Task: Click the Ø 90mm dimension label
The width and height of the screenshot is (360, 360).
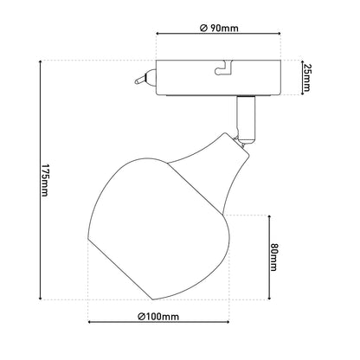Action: click(219, 29)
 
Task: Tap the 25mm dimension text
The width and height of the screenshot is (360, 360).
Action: click(306, 77)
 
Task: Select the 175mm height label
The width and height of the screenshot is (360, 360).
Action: click(44, 180)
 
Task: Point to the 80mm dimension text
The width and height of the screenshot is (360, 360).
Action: click(273, 257)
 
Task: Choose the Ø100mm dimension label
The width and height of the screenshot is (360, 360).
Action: click(158, 317)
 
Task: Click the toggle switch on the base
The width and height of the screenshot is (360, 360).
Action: click(145, 78)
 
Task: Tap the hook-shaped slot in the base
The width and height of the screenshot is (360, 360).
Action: click(223, 67)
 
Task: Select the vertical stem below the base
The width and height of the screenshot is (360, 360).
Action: click(246, 119)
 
